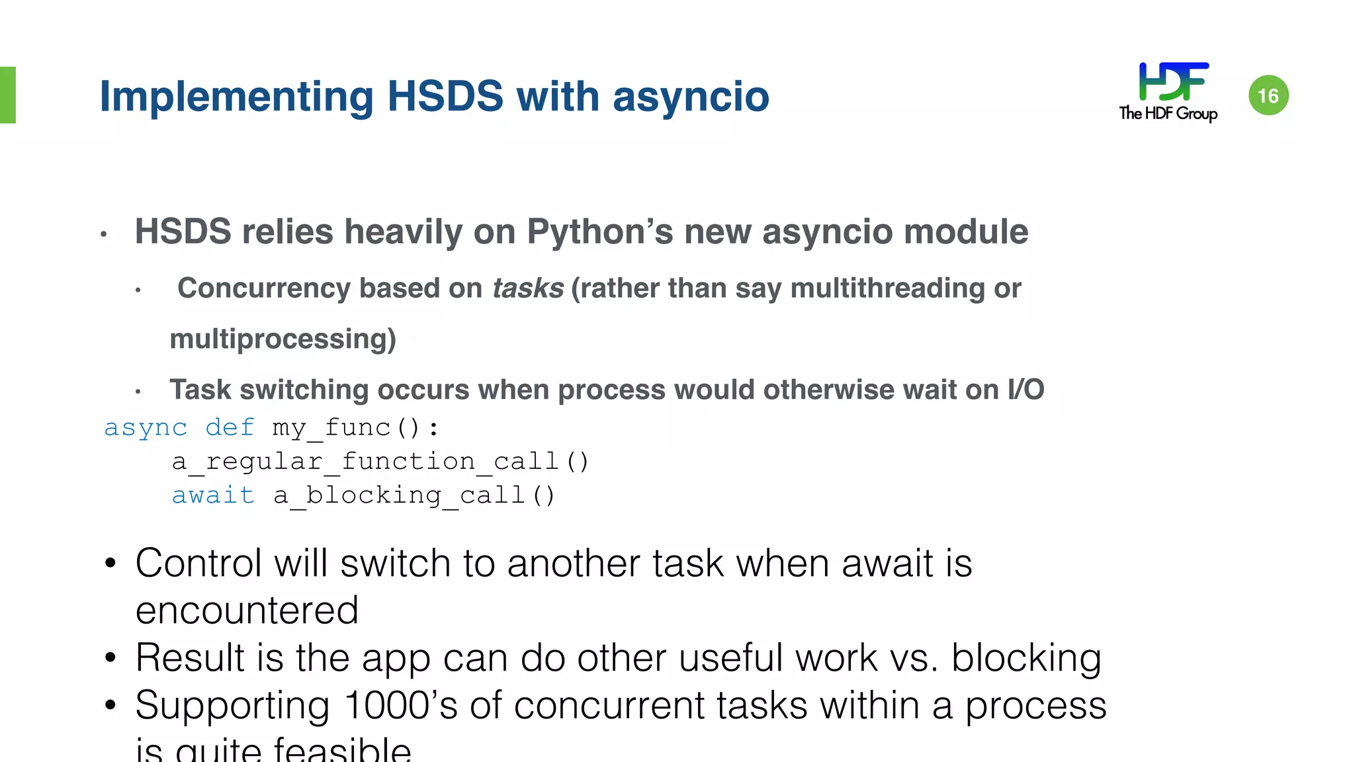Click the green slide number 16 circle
pyautogui.click(x=1268, y=95)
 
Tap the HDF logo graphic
pyautogui.click(x=1173, y=81)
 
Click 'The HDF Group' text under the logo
pyautogui.click(x=1168, y=113)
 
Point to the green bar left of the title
pyautogui.click(x=7, y=95)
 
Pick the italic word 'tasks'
pyautogui.click(x=527, y=288)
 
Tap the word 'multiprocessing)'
pyautogui.click(x=283, y=339)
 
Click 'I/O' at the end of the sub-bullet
pyautogui.click(x=1026, y=390)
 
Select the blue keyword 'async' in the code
pyautogui.click(x=146, y=427)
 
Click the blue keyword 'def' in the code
pyautogui.click(x=230, y=427)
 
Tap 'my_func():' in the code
pyautogui.click(x=355, y=428)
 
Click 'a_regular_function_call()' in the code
pyautogui.click(x=380, y=461)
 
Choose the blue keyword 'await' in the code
pyautogui.click(x=212, y=495)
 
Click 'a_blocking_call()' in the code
pyautogui.click(x=414, y=495)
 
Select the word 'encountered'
pyautogui.click(x=247, y=610)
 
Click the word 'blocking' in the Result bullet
pyautogui.click(x=1026, y=658)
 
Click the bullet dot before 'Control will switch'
pyautogui.click(x=110, y=564)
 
